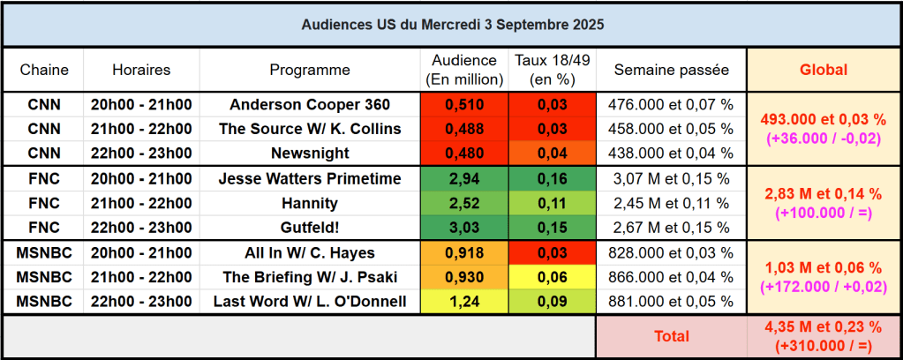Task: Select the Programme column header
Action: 310,70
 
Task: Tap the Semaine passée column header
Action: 672,70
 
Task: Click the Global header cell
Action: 823,70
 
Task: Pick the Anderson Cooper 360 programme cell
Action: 310,104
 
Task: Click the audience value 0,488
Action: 464,128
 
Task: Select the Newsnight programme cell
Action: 310,153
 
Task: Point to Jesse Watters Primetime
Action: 310,179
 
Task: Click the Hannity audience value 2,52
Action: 464,204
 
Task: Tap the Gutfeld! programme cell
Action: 310,228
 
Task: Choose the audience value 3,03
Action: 464,228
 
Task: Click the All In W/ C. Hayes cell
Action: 310,253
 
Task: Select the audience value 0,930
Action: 464,277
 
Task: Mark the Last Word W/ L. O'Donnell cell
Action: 310,302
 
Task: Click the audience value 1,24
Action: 464,302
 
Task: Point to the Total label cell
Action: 672,336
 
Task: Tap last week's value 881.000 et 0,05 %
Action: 672,302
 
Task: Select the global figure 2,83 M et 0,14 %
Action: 823,193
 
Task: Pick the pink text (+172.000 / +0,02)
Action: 823,287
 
